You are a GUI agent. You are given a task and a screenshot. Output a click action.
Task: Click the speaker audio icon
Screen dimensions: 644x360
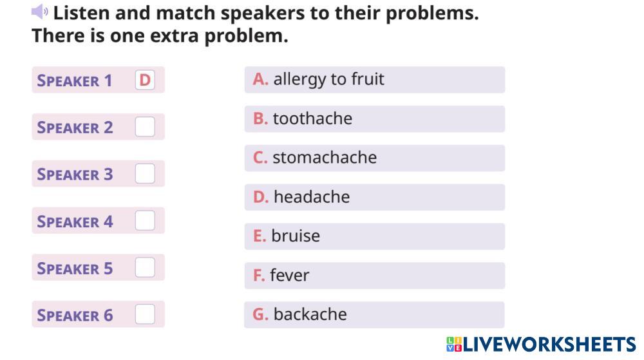39,12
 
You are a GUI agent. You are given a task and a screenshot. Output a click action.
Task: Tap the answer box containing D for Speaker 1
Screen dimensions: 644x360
145,80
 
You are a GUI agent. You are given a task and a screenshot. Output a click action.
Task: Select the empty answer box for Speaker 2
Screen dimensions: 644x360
145,126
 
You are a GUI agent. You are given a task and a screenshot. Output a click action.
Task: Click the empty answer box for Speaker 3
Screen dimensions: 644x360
145,173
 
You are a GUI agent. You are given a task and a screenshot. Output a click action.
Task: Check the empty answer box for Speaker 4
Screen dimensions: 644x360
145,220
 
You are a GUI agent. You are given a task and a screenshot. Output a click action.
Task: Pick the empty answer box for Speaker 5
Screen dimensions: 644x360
145,267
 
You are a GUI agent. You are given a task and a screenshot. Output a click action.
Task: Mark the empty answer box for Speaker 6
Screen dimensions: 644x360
145,314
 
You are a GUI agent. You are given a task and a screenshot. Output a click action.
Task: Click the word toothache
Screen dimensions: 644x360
312,118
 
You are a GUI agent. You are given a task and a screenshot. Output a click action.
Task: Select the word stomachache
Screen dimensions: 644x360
325,158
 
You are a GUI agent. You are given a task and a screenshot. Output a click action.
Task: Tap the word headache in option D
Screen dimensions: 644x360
312,197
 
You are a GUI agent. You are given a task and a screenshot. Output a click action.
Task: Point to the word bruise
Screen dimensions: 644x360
296,236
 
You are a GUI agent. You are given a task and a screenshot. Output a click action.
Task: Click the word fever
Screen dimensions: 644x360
290,275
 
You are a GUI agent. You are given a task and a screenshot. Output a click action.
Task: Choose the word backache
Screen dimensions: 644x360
310,314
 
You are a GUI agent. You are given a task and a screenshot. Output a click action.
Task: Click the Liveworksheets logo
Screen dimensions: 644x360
541,344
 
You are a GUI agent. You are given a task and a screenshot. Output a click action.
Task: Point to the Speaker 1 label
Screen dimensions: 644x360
74,81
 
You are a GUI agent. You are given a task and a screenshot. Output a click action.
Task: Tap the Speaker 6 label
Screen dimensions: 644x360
75,316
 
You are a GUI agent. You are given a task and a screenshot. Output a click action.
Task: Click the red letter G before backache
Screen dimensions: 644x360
260,314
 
